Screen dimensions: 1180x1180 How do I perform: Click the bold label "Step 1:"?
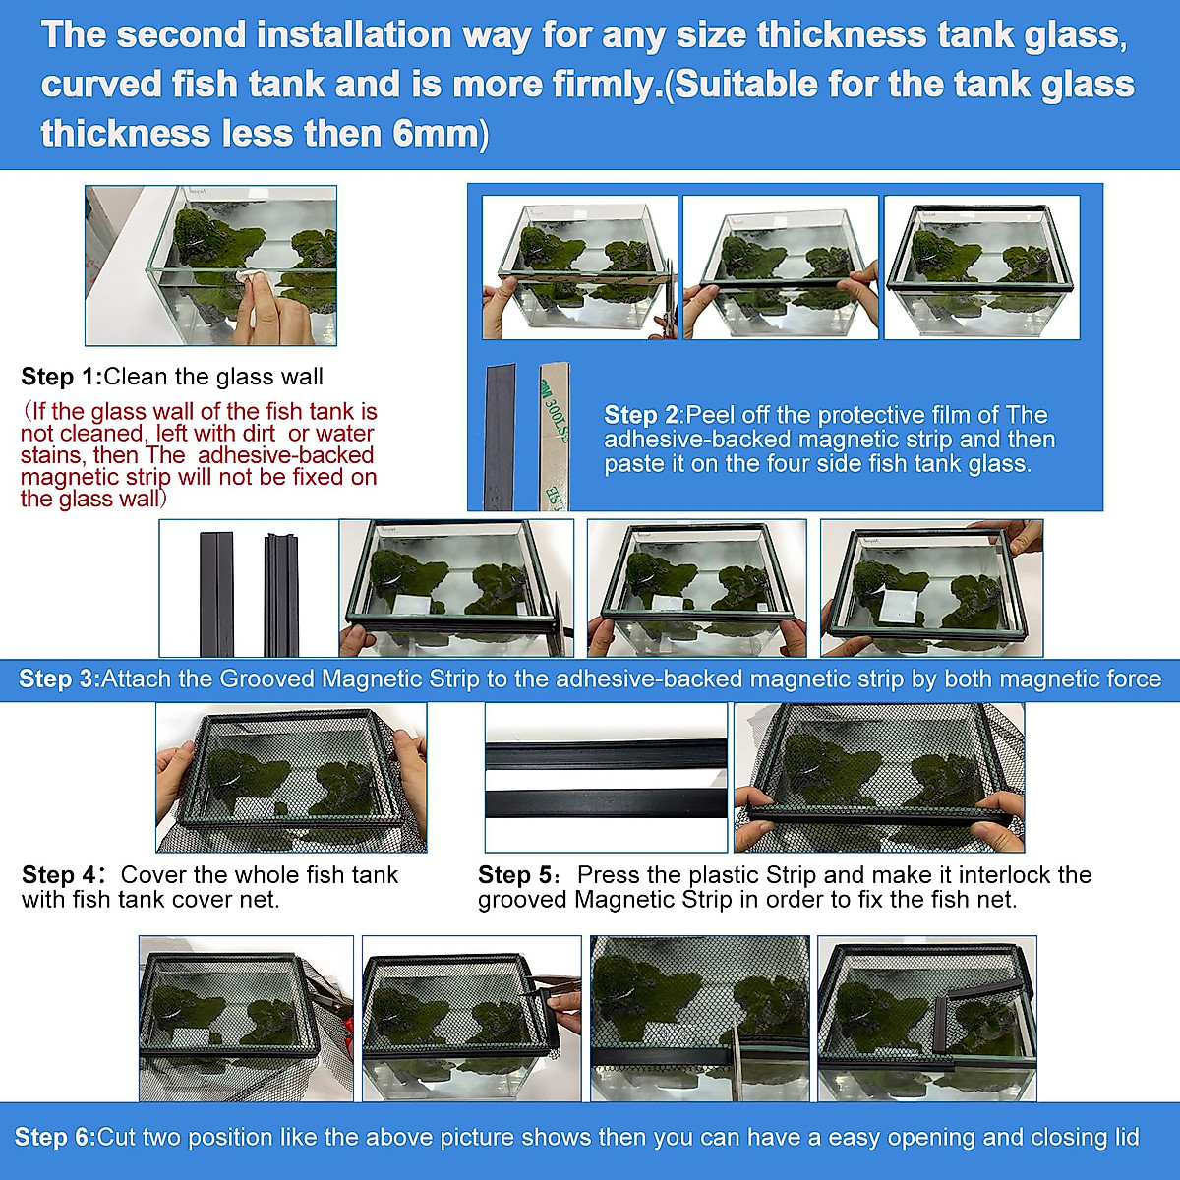[61, 377]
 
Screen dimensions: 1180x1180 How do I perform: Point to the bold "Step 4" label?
[61, 874]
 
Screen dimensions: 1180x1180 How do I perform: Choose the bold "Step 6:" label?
[55, 1137]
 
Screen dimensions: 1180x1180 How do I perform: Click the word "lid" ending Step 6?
[1126, 1137]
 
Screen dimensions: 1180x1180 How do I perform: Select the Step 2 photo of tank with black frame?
[980, 267]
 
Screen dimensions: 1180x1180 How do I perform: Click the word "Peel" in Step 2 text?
[710, 415]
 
